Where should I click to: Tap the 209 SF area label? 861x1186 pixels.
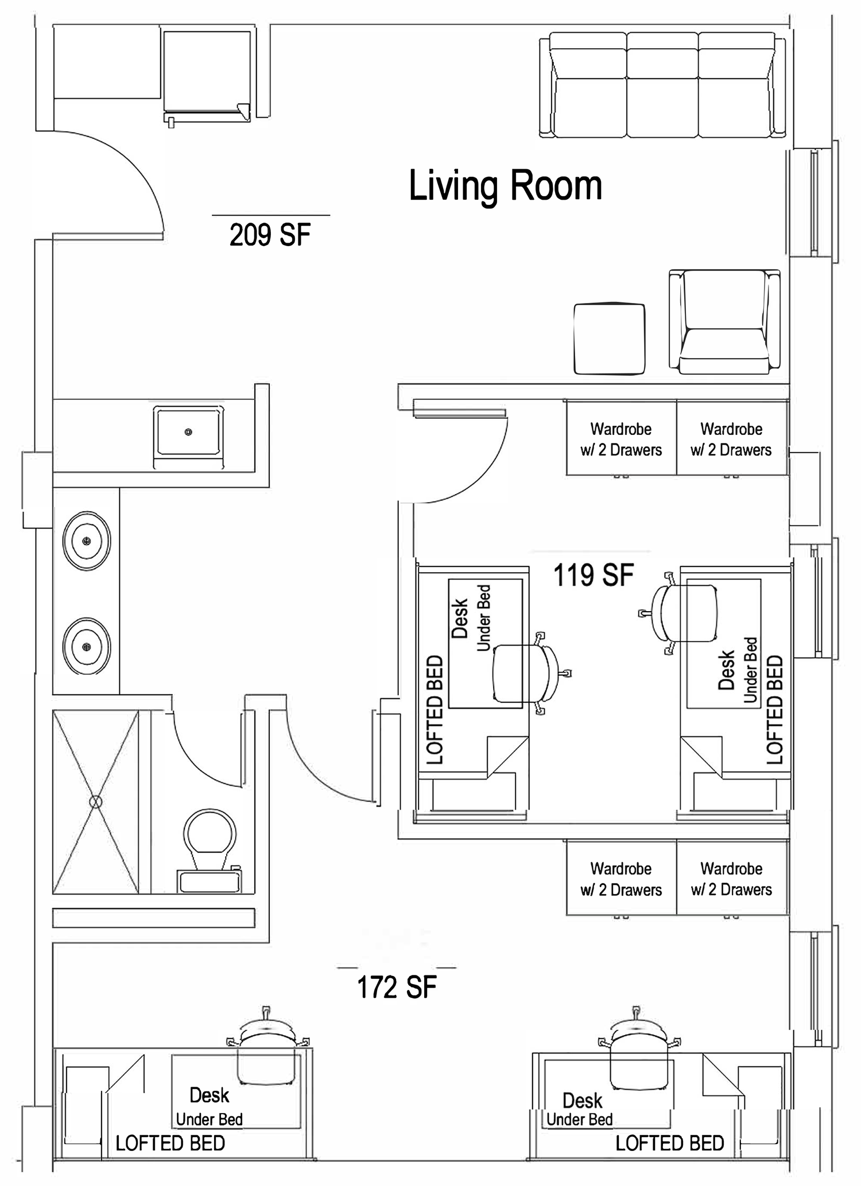click(x=270, y=235)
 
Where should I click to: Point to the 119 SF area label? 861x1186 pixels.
click(x=594, y=575)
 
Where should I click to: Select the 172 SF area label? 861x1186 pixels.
click(x=397, y=987)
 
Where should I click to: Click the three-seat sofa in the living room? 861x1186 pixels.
click(x=663, y=85)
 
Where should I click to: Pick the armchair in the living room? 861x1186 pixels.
click(x=724, y=322)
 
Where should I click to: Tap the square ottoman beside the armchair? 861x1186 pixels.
click(x=610, y=339)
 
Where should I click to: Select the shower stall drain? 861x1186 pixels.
click(x=96, y=802)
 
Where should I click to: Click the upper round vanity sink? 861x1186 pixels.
click(x=87, y=540)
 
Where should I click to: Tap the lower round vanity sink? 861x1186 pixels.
click(x=87, y=647)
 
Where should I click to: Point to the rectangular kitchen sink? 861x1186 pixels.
click(x=188, y=431)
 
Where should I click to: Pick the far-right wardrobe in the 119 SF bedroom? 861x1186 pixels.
click(x=732, y=438)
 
